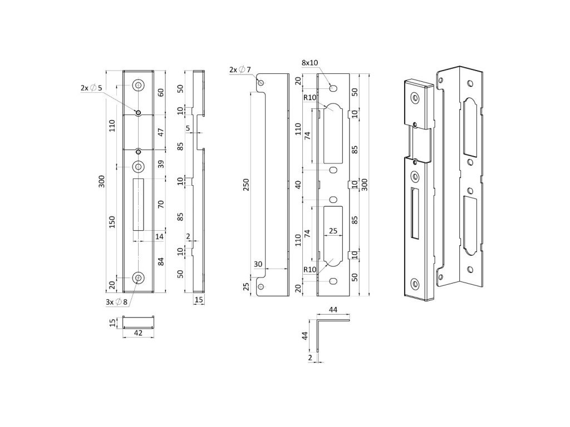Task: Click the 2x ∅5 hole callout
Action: pyautogui.click(x=89, y=88)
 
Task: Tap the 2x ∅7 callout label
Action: pyautogui.click(x=240, y=69)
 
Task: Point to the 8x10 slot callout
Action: pyautogui.click(x=310, y=63)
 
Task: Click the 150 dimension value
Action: pyautogui.click(x=113, y=222)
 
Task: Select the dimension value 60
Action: pyautogui.click(x=161, y=92)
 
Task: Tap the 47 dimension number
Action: pyautogui.click(x=161, y=132)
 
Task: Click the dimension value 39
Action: pyautogui.click(x=161, y=165)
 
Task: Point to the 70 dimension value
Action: pyautogui.click(x=161, y=204)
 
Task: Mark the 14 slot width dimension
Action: pyautogui.click(x=159, y=237)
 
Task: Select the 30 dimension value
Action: pyautogui.click(x=258, y=264)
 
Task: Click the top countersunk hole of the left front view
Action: pyautogui.click(x=138, y=85)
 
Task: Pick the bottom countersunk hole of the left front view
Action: pyautogui.click(x=138, y=277)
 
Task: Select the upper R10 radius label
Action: pyautogui.click(x=309, y=98)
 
